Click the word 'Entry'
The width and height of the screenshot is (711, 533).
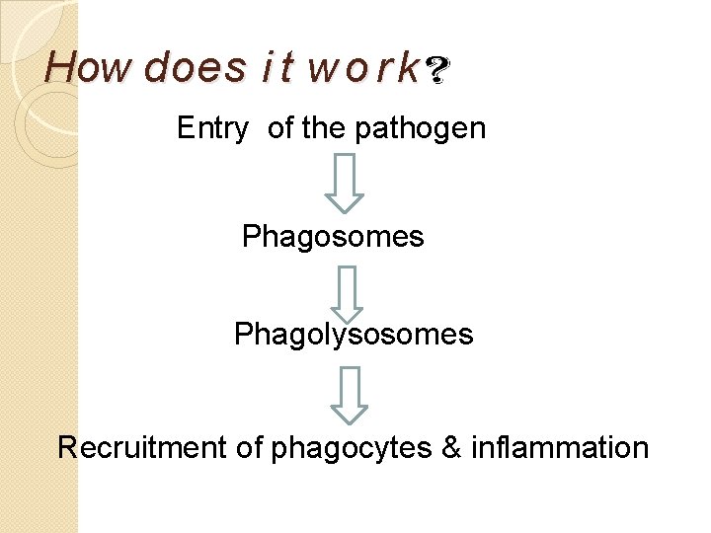pos(212,128)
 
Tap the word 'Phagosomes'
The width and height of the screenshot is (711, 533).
pos(333,237)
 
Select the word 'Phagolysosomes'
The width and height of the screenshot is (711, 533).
pos(354,335)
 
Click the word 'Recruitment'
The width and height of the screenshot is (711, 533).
pos(142,447)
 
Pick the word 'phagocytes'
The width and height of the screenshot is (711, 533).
pos(351,448)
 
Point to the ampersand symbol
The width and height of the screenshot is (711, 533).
pos(451,447)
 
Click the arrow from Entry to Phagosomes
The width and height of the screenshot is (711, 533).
pos(344,183)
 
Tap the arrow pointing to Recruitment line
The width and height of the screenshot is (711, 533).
pos(349,394)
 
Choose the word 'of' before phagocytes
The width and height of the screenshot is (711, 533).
pos(249,447)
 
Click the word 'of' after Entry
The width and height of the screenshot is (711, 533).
pos(280,128)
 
